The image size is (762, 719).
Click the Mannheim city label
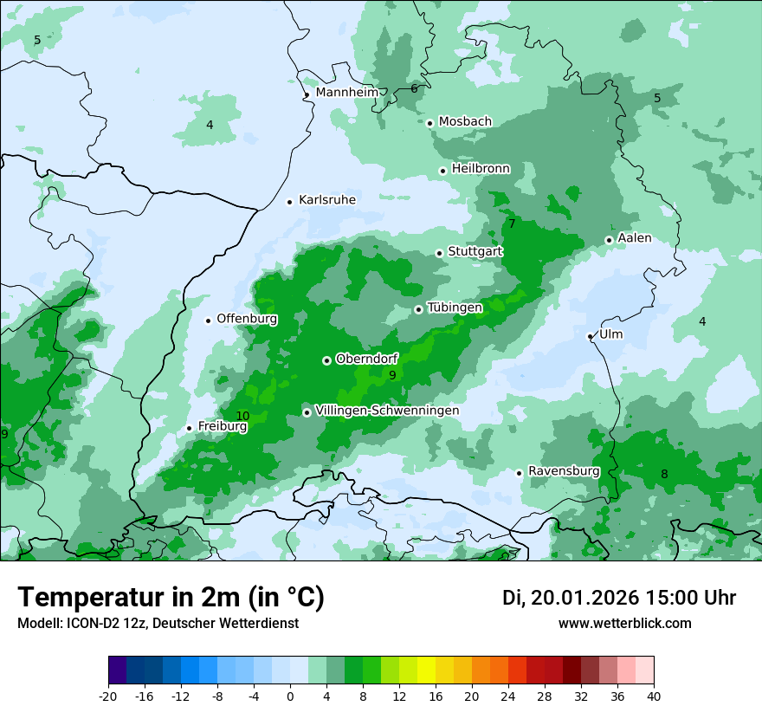click(x=347, y=92)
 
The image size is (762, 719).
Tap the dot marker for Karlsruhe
click(x=290, y=202)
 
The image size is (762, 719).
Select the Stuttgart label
click(x=475, y=252)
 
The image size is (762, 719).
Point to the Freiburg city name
click(x=223, y=426)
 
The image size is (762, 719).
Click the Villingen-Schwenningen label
click(x=387, y=411)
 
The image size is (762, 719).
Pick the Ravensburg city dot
click(x=519, y=473)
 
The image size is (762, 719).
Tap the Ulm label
click(x=610, y=334)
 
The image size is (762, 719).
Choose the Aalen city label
click(x=635, y=238)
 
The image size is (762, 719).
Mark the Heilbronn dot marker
click(x=442, y=171)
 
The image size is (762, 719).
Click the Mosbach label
click(x=465, y=122)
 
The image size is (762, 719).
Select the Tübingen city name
click(x=455, y=308)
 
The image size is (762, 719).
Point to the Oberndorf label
click(x=367, y=359)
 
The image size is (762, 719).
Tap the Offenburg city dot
click(x=208, y=321)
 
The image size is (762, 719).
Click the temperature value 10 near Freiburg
click(x=242, y=416)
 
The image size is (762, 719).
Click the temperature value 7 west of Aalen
click(x=512, y=223)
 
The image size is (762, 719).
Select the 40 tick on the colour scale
click(x=653, y=696)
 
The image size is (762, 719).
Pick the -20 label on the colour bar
click(x=107, y=696)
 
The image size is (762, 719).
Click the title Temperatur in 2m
click(x=171, y=598)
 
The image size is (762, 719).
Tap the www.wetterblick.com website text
click(x=624, y=623)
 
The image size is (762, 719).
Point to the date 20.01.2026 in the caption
click(x=584, y=598)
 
